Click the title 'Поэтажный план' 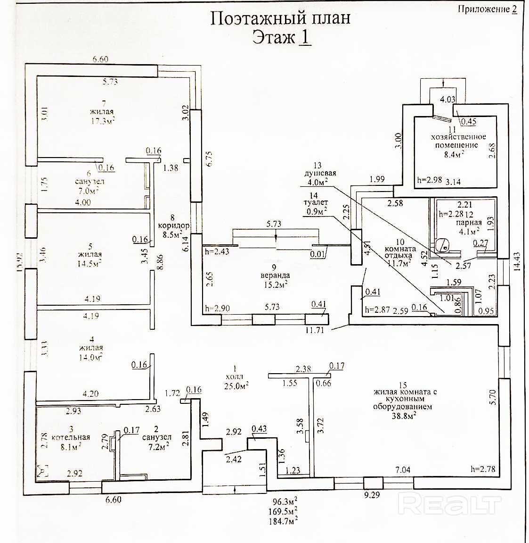280,18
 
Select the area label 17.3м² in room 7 103,121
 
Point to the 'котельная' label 71,437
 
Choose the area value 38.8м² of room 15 403,417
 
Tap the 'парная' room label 468,223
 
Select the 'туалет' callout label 317,203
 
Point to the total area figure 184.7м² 285,520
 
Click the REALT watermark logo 449,506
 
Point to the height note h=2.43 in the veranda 217,251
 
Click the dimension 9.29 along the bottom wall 372,495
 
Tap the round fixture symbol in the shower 441,244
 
